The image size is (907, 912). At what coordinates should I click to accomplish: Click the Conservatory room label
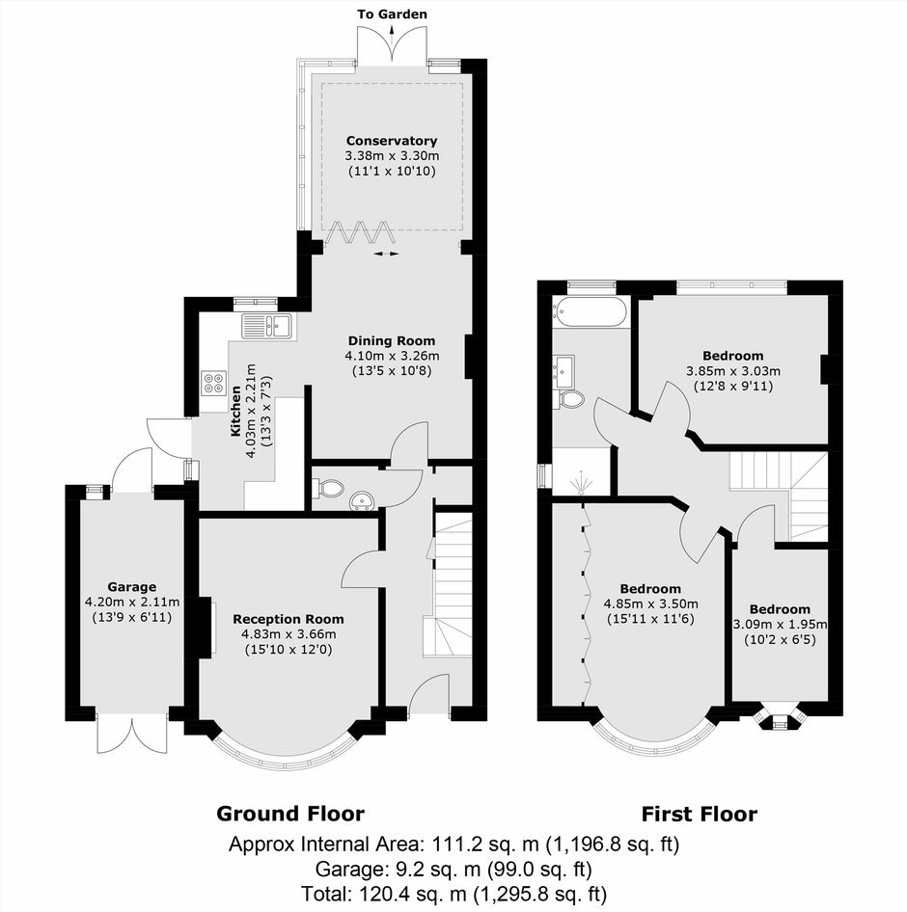click(391, 141)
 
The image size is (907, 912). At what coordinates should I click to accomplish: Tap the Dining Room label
click(391, 341)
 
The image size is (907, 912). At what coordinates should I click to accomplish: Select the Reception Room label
click(289, 620)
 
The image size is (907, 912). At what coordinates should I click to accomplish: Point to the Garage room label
click(131, 587)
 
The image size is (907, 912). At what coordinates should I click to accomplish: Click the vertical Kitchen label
click(235, 412)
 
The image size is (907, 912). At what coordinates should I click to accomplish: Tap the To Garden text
click(392, 13)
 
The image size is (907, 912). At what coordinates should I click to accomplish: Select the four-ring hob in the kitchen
click(213, 384)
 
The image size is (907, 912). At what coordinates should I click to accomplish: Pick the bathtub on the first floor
click(591, 311)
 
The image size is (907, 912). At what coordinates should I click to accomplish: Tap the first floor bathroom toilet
click(570, 399)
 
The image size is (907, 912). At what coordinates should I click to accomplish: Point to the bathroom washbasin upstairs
click(564, 372)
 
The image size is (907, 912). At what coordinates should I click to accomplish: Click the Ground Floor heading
click(290, 813)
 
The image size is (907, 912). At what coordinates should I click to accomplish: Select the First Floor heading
click(700, 814)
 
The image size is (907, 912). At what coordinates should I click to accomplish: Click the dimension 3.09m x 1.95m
click(780, 625)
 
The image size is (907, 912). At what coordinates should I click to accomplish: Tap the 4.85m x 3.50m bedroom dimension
click(650, 604)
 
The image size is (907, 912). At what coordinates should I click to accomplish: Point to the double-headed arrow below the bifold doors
click(386, 254)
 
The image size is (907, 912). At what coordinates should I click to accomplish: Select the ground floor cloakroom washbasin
click(363, 501)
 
